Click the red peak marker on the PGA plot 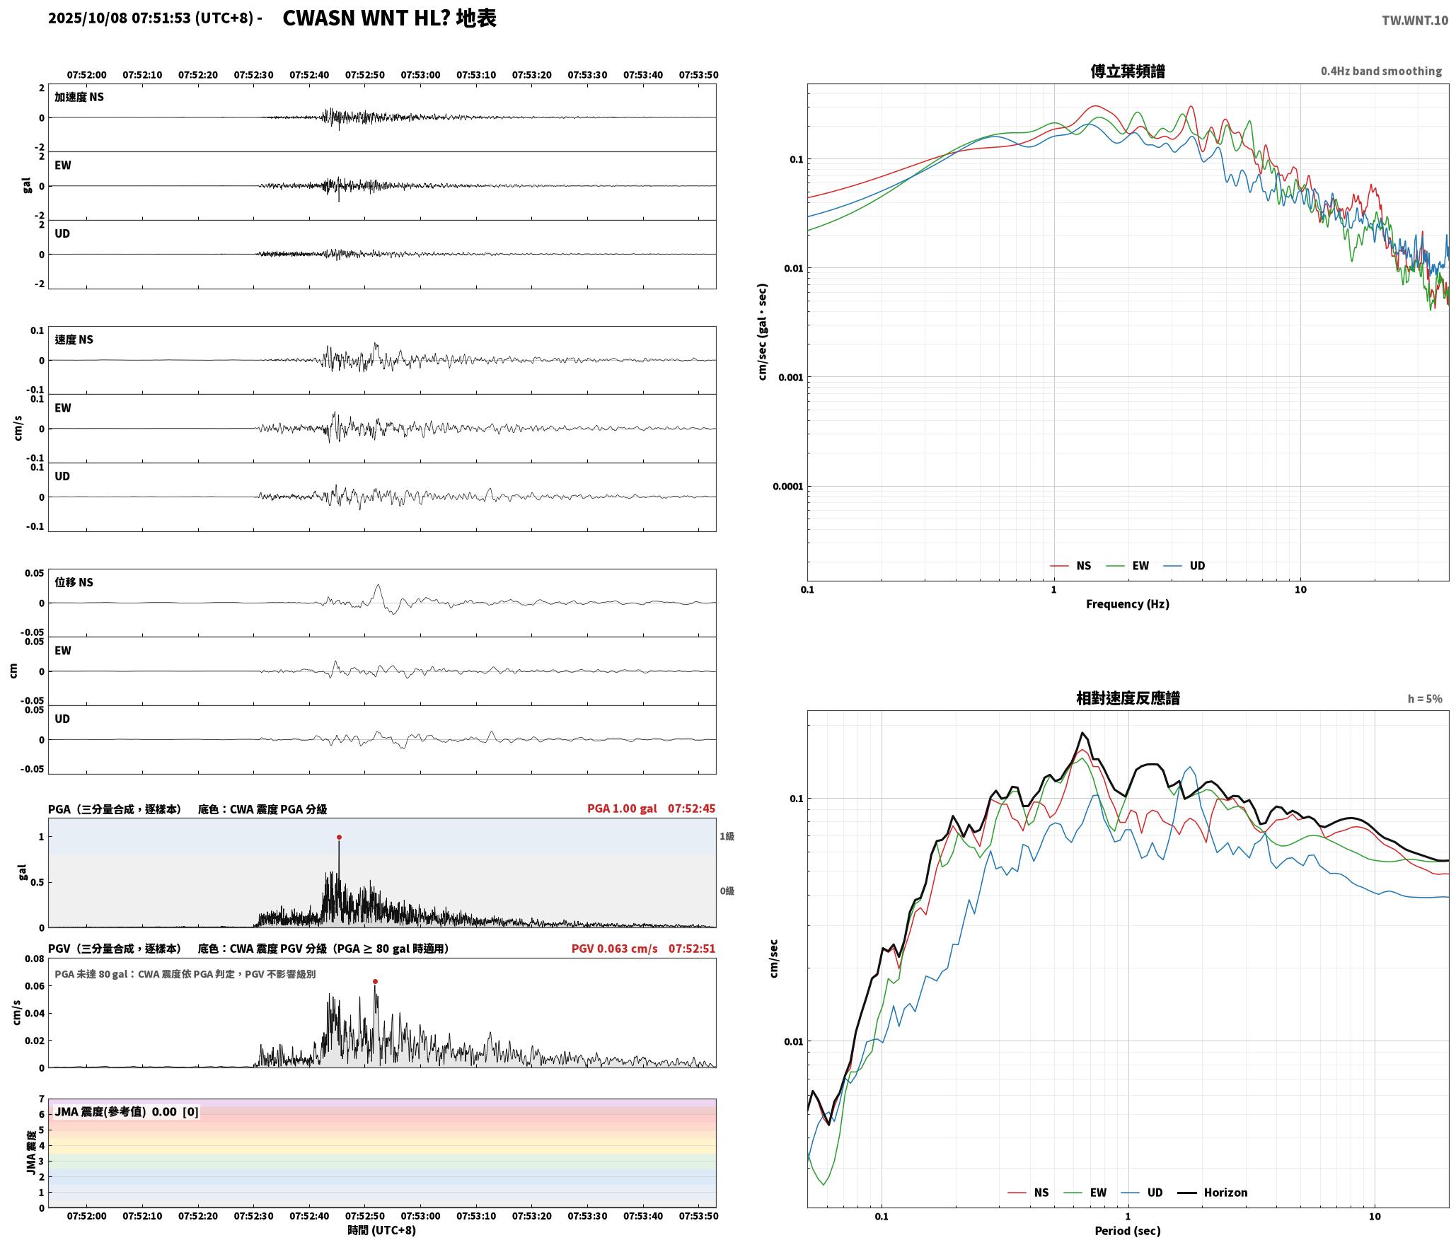click(x=339, y=837)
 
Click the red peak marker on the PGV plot click(x=375, y=981)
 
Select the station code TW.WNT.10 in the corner click(x=1415, y=21)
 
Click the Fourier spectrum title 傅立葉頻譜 click(x=1128, y=71)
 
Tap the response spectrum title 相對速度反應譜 click(x=1128, y=698)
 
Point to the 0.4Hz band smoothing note click(x=1381, y=71)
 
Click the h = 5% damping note click(x=1425, y=699)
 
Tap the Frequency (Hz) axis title click(x=1128, y=604)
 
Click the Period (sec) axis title click(x=1128, y=1231)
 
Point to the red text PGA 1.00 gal click(x=622, y=809)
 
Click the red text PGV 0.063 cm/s click(x=614, y=949)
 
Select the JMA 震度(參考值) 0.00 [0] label click(x=127, y=1112)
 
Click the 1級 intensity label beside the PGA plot click(x=727, y=836)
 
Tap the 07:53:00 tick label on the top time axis click(x=420, y=75)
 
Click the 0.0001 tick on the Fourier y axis click(x=786, y=487)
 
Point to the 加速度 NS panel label click(x=79, y=97)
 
